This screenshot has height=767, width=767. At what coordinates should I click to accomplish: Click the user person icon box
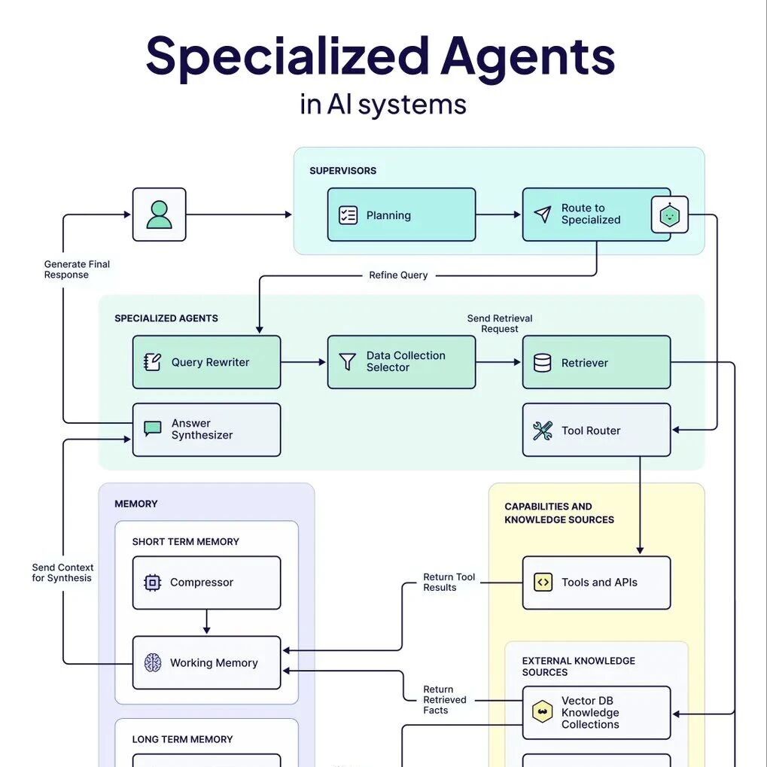(x=159, y=215)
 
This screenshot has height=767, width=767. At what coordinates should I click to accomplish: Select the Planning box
(x=401, y=215)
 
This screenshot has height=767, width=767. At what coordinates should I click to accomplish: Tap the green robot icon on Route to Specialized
(x=669, y=216)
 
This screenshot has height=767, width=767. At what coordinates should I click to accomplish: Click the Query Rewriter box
(x=206, y=362)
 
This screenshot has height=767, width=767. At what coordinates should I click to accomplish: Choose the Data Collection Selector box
(x=401, y=362)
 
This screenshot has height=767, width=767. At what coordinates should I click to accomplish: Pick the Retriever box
(x=596, y=362)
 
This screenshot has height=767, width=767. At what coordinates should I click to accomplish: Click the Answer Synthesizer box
(x=206, y=430)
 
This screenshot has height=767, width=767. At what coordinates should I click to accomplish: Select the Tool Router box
(x=596, y=430)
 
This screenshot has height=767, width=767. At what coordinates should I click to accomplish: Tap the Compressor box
(x=206, y=583)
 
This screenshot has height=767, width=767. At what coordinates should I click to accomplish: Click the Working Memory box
(x=206, y=663)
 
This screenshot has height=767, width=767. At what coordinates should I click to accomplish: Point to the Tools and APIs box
(x=596, y=583)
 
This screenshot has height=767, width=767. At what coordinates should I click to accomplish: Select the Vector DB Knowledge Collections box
(x=596, y=713)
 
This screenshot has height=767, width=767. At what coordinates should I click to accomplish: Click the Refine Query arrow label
(x=398, y=275)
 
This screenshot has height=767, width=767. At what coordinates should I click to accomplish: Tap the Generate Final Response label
(x=77, y=269)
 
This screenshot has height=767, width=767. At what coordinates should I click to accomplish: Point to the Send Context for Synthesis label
(x=62, y=573)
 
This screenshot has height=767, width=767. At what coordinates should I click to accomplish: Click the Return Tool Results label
(x=449, y=583)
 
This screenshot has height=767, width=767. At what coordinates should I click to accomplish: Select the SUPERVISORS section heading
(x=342, y=171)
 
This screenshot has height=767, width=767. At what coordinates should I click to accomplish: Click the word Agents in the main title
(x=528, y=56)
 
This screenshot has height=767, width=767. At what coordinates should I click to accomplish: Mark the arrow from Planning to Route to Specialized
(x=498, y=215)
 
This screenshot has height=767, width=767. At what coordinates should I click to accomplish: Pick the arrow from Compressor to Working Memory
(x=206, y=622)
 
